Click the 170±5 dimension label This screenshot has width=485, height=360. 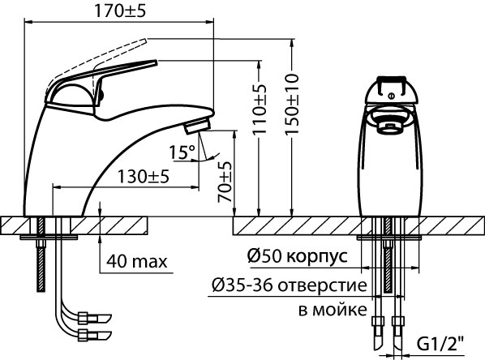tap(119, 11)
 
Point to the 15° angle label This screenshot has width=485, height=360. tap(182, 152)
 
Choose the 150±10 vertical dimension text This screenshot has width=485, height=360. tap(293, 101)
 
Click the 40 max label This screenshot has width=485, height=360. tap(136, 261)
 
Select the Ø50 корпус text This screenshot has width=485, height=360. tap(296, 256)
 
